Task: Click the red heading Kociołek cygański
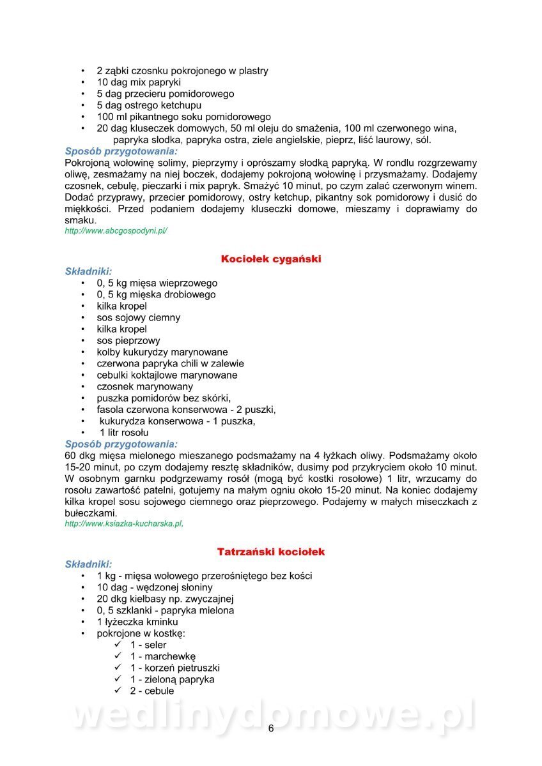[x=270, y=259]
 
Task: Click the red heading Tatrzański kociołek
[x=271, y=552]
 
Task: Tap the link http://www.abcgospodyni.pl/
[x=116, y=231]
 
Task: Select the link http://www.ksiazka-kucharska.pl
[x=124, y=523]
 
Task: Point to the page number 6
[x=271, y=729]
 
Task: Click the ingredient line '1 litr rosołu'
[x=123, y=433]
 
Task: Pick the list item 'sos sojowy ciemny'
[x=139, y=318]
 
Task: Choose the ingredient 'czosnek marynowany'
[x=145, y=387]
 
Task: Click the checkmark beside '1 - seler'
[x=118, y=645]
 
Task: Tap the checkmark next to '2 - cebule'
[x=118, y=691]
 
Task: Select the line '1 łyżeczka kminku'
[x=137, y=622]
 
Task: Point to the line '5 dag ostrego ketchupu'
[x=149, y=105]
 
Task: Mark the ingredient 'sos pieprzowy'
[x=128, y=341]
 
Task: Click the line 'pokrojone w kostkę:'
[x=141, y=633]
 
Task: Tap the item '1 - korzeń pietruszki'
[x=174, y=668]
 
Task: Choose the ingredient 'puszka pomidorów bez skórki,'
[x=164, y=398]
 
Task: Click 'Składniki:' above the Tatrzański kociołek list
[x=88, y=564]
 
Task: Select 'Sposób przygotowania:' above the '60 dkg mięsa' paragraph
[x=121, y=444]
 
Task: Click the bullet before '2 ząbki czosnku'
[x=82, y=71]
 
